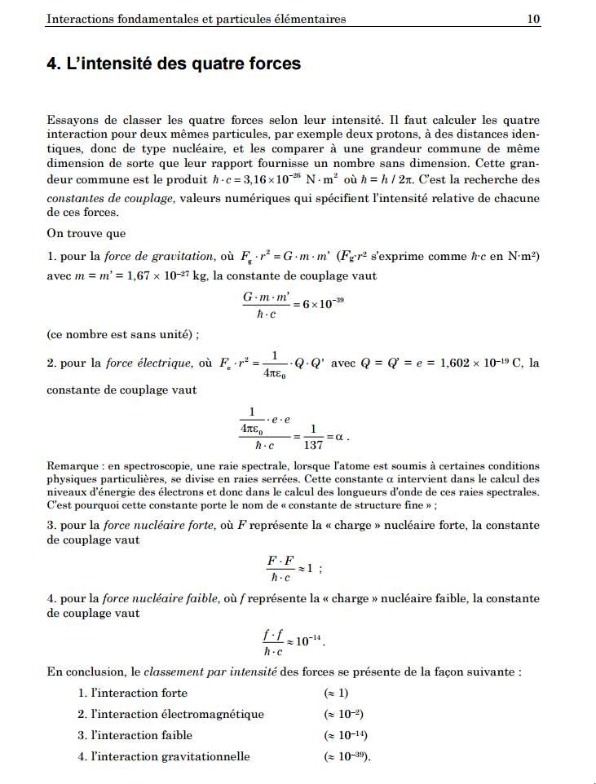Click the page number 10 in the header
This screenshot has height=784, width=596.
tap(534, 19)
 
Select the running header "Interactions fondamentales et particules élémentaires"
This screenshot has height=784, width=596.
tap(196, 19)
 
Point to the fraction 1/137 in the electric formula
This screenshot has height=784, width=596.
tap(312, 437)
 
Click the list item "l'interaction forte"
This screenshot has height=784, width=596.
tap(139, 693)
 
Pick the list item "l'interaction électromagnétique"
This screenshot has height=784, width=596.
tap(177, 714)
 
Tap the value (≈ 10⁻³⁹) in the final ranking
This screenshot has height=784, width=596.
tap(347, 756)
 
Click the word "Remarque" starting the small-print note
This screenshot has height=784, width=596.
tap(71, 467)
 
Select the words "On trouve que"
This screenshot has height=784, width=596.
tap(84, 231)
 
